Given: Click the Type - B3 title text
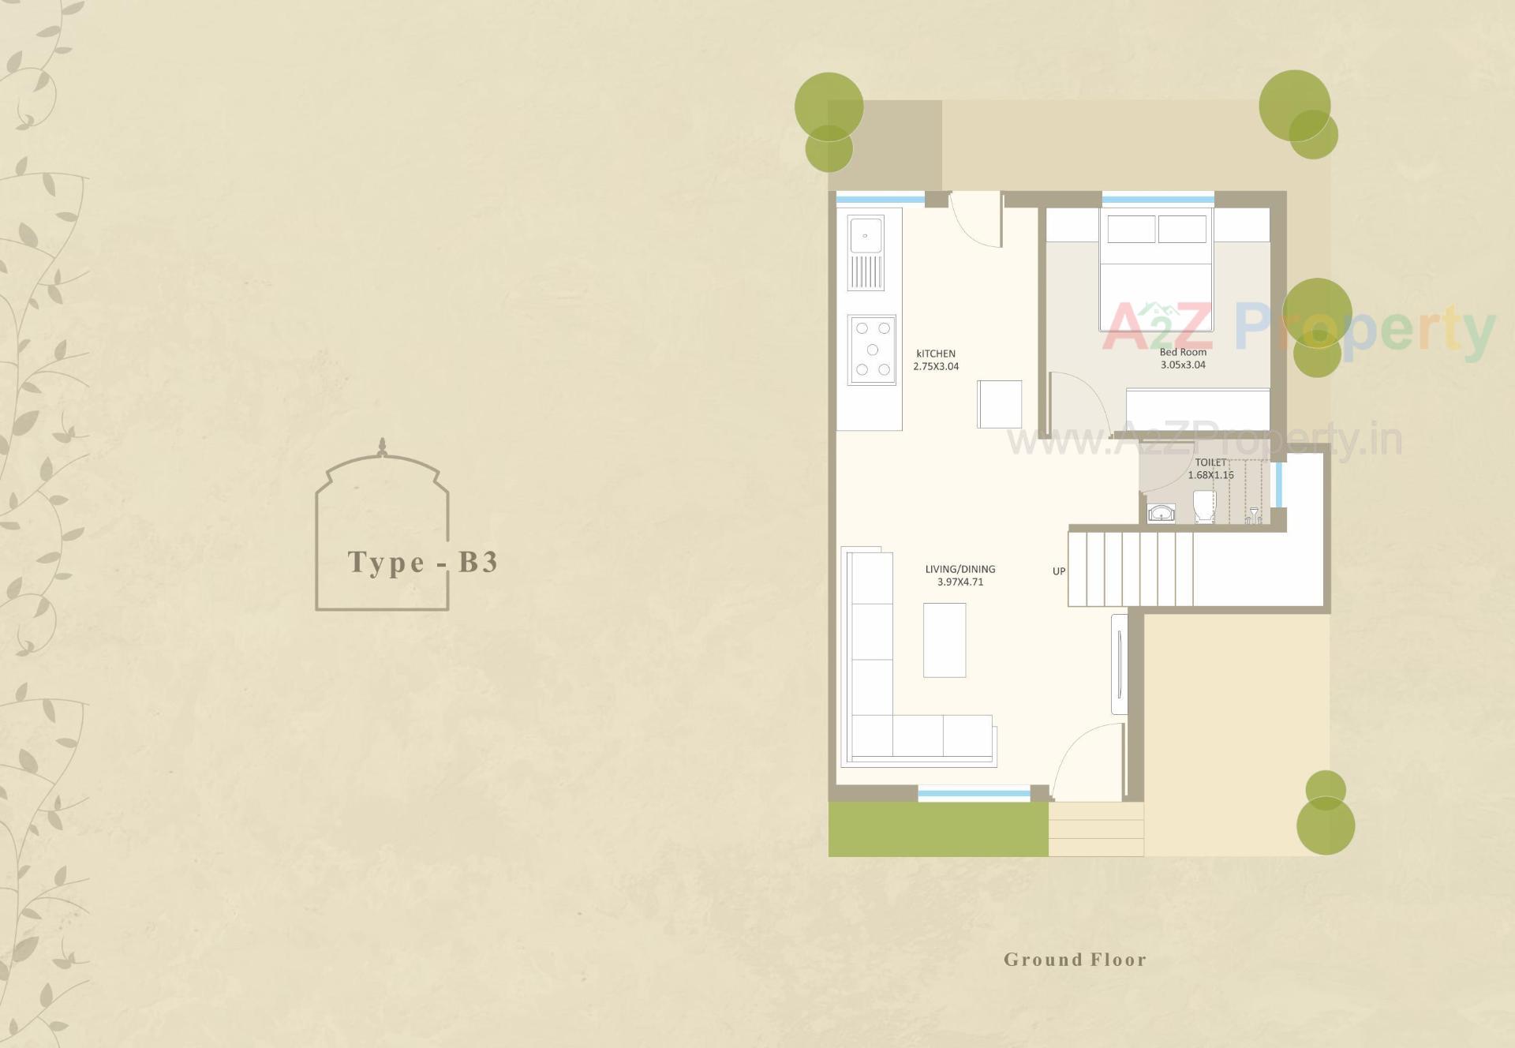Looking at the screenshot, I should (423, 562).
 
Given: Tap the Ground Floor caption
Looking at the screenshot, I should (1075, 960).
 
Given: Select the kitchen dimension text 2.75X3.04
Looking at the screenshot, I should (936, 366).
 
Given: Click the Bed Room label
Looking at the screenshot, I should (1183, 352).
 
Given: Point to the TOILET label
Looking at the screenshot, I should (1210, 462).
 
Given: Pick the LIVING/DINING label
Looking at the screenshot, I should (960, 569).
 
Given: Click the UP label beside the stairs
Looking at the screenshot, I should (1059, 571).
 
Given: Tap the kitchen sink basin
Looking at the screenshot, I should (866, 235).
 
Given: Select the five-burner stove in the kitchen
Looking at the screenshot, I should (872, 350).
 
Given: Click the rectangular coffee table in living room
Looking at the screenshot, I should (945, 640).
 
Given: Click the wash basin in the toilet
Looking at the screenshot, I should (1161, 514).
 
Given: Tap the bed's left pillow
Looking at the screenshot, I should (1132, 229).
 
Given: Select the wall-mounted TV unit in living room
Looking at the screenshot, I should (1119, 664).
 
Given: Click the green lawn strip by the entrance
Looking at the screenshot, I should (937, 829).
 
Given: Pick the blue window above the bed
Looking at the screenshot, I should (1158, 200).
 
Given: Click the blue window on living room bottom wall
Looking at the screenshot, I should (974, 794).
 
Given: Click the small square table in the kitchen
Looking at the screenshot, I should (999, 404).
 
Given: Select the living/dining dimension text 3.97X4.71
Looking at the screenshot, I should (960, 582).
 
